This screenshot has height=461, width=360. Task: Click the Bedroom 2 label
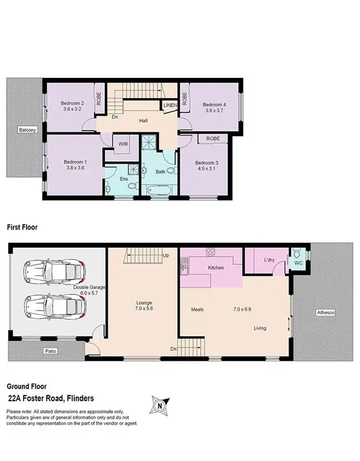(72, 104)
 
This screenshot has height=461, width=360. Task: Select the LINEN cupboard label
(170, 105)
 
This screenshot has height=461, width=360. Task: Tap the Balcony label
(26, 130)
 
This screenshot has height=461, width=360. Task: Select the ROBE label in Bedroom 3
(213, 139)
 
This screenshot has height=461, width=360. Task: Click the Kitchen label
(215, 268)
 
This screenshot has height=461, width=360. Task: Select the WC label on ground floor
(298, 263)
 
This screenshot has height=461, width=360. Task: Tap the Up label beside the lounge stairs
(166, 255)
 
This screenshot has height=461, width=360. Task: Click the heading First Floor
(22, 228)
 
